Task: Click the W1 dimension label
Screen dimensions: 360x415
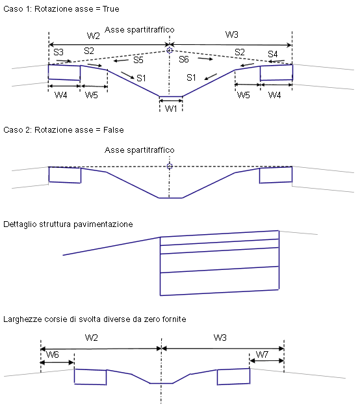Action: pyautogui.click(x=171, y=109)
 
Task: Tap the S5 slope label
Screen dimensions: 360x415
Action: pyautogui.click(x=138, y=60)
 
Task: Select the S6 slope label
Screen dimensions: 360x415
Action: pyautogui.click(x=184, y=59)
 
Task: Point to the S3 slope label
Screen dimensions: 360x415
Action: pyautogui.click(x=58, y=52)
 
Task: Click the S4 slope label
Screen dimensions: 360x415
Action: pyautogui.click(x=272, y=54)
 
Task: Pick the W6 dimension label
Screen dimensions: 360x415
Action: pyautogui.click(x=53, y=355)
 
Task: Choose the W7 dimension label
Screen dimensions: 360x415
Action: pyautogui.click(x=263, y=355)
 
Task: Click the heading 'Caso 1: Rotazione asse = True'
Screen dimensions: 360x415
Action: pyautogui.click(x=61, y=9)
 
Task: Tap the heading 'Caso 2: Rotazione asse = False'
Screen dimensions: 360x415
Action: pyautogui.click(x=64, y=130)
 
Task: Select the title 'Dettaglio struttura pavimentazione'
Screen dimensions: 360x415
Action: pyautogui.click(x=68, y=224)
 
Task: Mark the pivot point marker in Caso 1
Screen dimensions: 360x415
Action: pyautogui.click(x=170, y=50)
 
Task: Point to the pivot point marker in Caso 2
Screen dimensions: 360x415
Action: pyautogui.click(x=170, y=167)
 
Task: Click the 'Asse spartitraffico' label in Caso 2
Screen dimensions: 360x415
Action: pyautogui.click(x=140, y=150)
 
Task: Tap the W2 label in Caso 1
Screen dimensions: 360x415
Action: pyautogui.click(x=94, y=36)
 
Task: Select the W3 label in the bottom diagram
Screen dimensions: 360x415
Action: pyautogui.click(x=220, y=338)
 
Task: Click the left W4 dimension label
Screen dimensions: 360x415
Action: pyautogui.click(x=61, y=95)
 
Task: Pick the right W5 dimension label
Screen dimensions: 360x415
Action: pyautogui.click(x=244, y=95)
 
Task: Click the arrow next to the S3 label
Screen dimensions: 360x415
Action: pyautogui.click(x=64, y=61)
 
